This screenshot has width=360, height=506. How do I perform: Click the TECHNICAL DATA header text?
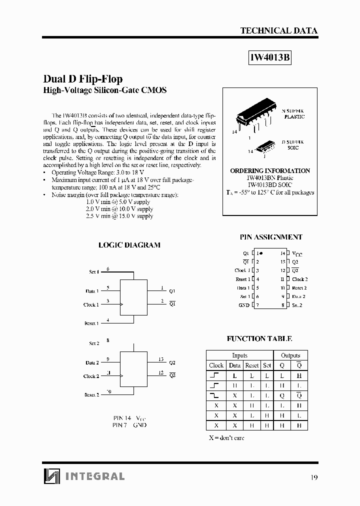pyautogui.click(x=278, y=30)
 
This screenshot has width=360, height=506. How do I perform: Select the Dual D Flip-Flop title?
pyautogui.click(x=83, y=79)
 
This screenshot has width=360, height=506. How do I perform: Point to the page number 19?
pyautogui.click(x=313, y=477)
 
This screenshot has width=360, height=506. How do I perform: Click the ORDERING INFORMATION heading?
pyautogui.click(x=270, y=170)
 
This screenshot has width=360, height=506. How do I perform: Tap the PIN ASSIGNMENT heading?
pyautogui.click(x=271, y=237)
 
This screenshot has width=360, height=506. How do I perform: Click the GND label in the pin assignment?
pyautogui.click(x=243, y=305)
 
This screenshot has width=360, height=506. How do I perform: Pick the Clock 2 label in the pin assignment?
pyautogui.click(x=300, y=279)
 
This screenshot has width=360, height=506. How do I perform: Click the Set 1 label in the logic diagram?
pyautogui.click(x=93, y=271)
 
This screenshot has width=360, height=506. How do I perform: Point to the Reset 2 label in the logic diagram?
pyautogui.click(x=91, y=394)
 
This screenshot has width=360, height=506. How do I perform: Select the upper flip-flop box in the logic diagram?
pyautogui.click(x=133, y=299)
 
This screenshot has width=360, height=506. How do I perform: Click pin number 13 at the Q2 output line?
pyautogui.click(x=161, y=359)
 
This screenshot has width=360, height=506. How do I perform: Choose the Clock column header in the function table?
pyautogui.click(x=216, y=365)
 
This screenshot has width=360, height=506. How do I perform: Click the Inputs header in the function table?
pyautogui.click(x=239, y=355)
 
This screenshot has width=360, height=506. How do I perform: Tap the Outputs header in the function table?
pyautogui.click(x=290, y=355)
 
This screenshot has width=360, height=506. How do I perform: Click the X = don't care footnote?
pyautogui.click(x=226, y=438)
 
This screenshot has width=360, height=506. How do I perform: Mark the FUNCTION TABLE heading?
pyautogui.click(x=259, y=338)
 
